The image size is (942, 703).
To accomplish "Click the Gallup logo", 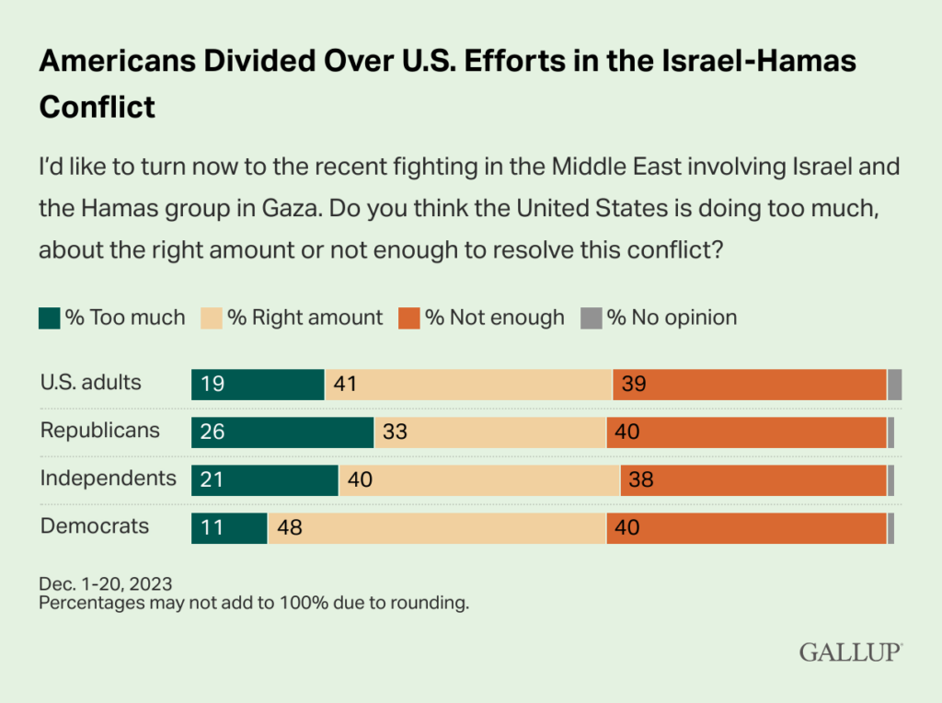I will pyautogui.click(x=850, y=652).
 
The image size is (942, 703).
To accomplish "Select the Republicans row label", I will pyautogui.click(x=99, y=431).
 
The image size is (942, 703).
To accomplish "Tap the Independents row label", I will pyautogui.click(x=108, y=478).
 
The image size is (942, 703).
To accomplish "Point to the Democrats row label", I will pyautogui.click(x=95, y=526).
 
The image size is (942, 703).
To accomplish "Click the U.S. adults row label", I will pyautogui.click(x=90, y=382).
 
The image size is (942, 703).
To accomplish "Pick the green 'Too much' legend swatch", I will pyautogui.click(x=50, y=318).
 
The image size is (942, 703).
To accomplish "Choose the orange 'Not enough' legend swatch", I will pyautogui.click(x=409, y=318).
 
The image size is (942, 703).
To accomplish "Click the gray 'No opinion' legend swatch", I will pyautogui.click(x=591, y=318).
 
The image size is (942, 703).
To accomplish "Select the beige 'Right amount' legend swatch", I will pyautogui.click(x=213, y=318).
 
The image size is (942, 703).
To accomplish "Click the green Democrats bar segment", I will pyautogui.click(x=229, y=528).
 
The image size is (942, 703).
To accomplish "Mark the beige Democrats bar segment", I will pyautogui.click(x=436, y=528).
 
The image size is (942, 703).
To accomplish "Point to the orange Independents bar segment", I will pyautogui.click(x=752, y=480).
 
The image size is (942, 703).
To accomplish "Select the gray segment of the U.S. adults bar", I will pyautogui.click(x=894, y=384).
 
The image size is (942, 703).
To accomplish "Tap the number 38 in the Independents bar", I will pyautogui.click(x=641, y=480).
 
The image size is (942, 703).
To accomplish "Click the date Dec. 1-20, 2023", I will pyautogui.click(x=105, y=584).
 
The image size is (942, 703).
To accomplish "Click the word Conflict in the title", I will pyautogui.click(x=97, y=107).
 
